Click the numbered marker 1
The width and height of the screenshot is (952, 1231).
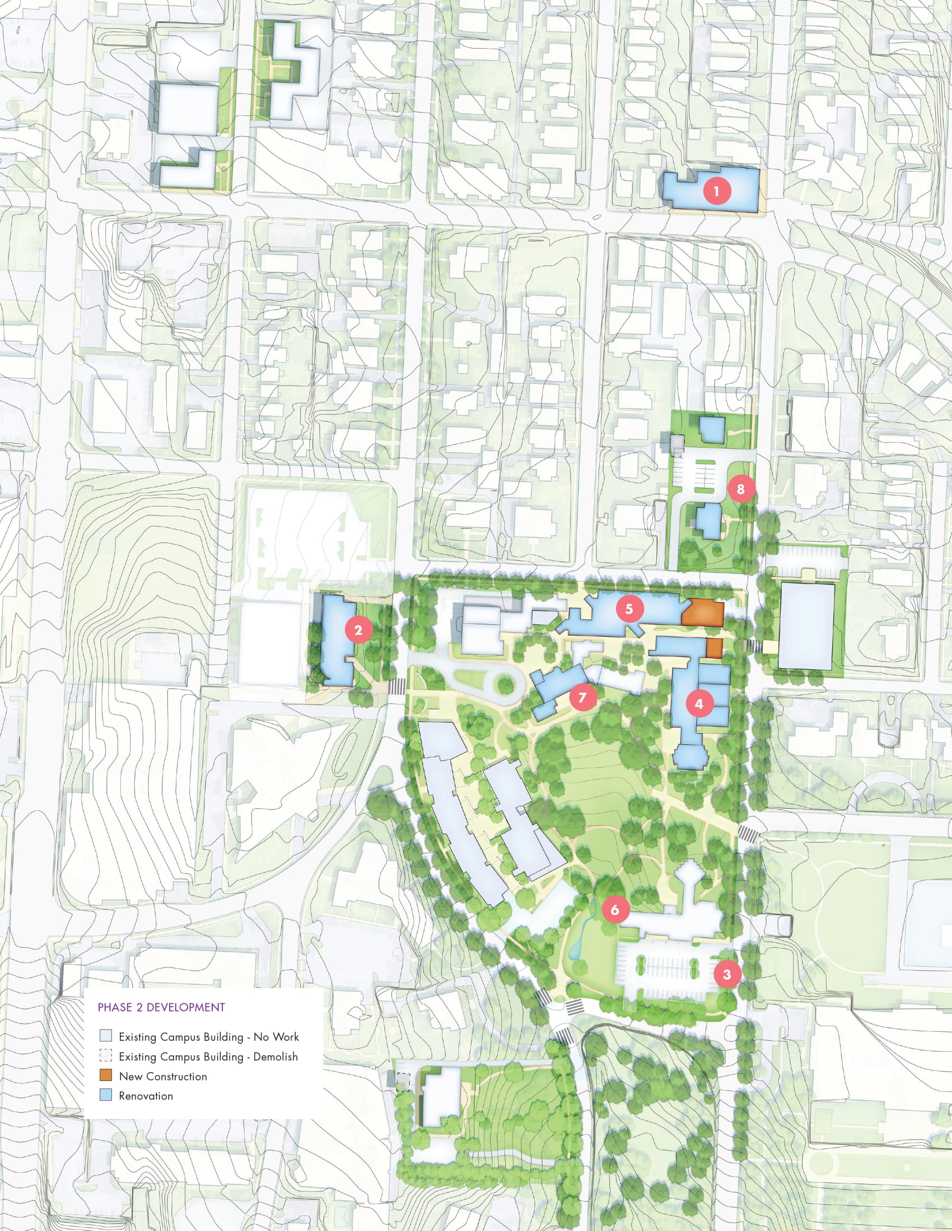click(716, 191)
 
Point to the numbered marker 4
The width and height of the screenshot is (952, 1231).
click(699, 704)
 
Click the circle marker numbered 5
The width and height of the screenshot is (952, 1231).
click(629, 609)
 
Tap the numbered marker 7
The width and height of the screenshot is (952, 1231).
click(582, 697)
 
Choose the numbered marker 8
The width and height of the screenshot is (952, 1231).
click(740, 488)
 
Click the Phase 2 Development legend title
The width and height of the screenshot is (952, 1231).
click(161, 1007)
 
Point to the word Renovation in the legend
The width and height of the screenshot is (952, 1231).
click(146, 1096)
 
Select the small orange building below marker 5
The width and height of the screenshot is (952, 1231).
click(714, 648)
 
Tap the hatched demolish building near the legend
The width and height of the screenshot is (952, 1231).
click(403, 1082)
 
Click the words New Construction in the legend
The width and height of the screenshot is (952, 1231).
click(162, 1077)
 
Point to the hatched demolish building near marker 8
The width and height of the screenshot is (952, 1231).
click(677, 444)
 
